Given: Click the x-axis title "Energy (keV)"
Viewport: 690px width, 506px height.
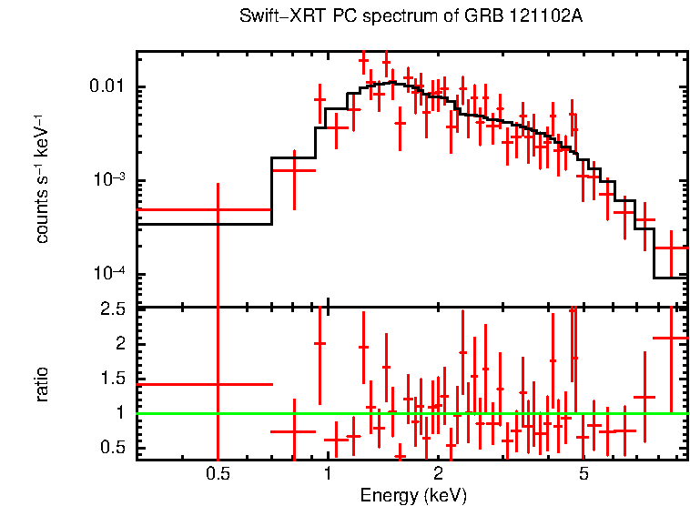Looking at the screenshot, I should [x=413, y=495].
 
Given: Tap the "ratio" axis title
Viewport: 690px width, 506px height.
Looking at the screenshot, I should [x=42, y=384].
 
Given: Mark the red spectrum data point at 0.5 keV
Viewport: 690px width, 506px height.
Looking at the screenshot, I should [x=217, y=209].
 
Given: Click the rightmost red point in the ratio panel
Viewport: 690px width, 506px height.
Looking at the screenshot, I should [x=672, y=339].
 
